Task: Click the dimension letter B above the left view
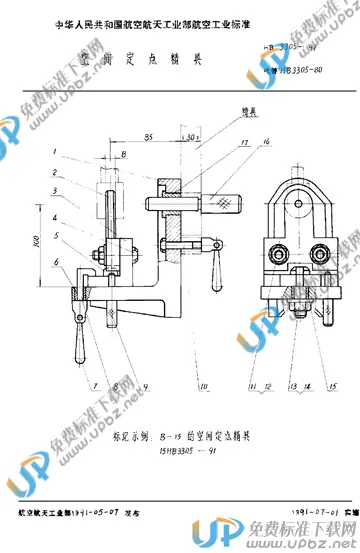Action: coord(122,157)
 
